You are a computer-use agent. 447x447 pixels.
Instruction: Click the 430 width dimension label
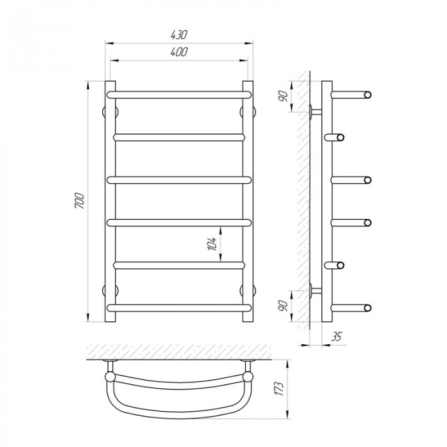coord(179,34)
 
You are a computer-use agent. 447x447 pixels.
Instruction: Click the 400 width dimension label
coord(179,52)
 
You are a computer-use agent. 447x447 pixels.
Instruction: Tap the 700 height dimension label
coord(80,201)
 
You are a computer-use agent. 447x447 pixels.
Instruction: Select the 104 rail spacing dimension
coord(212,243)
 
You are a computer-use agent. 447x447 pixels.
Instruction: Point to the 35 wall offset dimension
coord(336,337)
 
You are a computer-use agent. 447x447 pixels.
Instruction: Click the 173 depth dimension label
coord(279,388)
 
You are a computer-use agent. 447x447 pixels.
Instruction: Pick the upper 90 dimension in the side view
coord(284,96)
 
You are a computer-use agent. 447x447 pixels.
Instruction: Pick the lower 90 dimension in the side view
coord(284,306)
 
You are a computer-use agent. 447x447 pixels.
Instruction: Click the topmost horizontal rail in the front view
coord(179,95)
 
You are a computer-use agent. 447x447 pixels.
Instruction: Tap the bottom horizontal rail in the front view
coord(179,308)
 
